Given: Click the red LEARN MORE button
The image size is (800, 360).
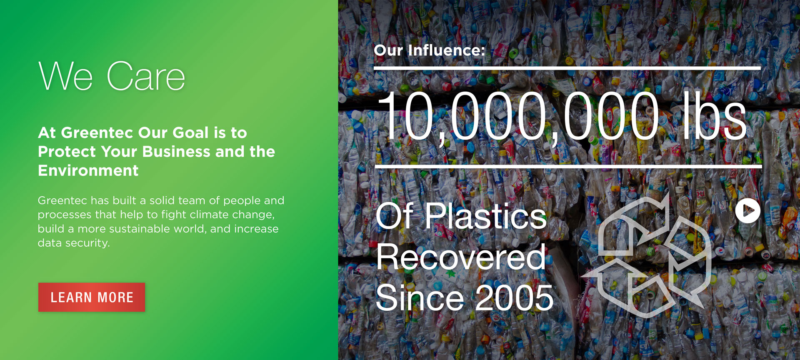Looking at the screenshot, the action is pyautogui.click(x=92, y=297).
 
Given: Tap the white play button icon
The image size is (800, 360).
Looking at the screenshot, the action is pyautogui.click(x=748, y=211).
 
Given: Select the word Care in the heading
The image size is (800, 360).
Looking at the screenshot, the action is pyautogui.click(x=146, y=76).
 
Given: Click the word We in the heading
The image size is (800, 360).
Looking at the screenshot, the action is pyautogui.click(x=65, y=76).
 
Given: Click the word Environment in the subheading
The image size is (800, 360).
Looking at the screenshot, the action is pyautogui.click(x=88, y=170).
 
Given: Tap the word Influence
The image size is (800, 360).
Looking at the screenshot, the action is pyautogui.click(x=447, y=50).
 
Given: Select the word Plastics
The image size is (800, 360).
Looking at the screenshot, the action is pyautogui.click(x=485, y=215).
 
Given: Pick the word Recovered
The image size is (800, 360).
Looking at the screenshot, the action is pyautogui.click(x=460, y=257).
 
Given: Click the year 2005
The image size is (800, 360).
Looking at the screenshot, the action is pyautogui.click(x=515, y=297).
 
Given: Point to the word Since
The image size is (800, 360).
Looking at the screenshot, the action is pyautogui.click(x=420, y=297).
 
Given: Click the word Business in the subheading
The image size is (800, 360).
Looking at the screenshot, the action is pyautogui.click(x=176, y=152).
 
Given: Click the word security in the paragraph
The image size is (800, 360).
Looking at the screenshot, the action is pyautogui.click(x=89, y=243).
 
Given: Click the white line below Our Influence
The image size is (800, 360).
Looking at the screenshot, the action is pyautogui.click(x=567, y=67).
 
